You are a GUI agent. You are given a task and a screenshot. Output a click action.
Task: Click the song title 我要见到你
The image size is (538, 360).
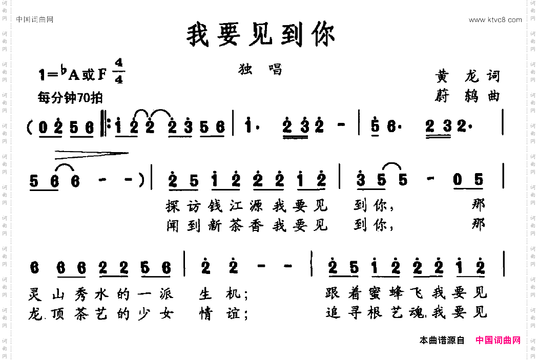pos(261,35)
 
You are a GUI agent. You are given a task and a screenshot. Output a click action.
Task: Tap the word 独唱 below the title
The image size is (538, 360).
pos(260,69)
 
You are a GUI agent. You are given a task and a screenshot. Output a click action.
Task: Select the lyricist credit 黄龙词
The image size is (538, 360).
pos(466,76)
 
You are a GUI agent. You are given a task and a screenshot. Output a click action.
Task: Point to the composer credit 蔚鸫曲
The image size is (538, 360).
pos(466,96)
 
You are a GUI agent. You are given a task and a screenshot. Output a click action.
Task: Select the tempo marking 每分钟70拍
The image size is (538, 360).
pos(70,97)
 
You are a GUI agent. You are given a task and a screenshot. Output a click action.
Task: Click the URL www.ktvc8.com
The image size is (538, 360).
pos(495,20)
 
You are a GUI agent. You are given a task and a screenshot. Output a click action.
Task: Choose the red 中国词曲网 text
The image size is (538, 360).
pos(498,340)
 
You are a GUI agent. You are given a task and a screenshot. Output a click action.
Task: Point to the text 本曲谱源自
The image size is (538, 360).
pos(442,340)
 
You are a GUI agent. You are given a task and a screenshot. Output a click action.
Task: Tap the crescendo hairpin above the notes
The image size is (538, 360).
pos(91,152)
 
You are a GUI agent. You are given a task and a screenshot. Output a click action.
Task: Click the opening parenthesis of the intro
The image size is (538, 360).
pos(30,126)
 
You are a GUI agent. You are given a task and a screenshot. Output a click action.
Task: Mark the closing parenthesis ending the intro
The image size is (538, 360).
pos(139,180)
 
